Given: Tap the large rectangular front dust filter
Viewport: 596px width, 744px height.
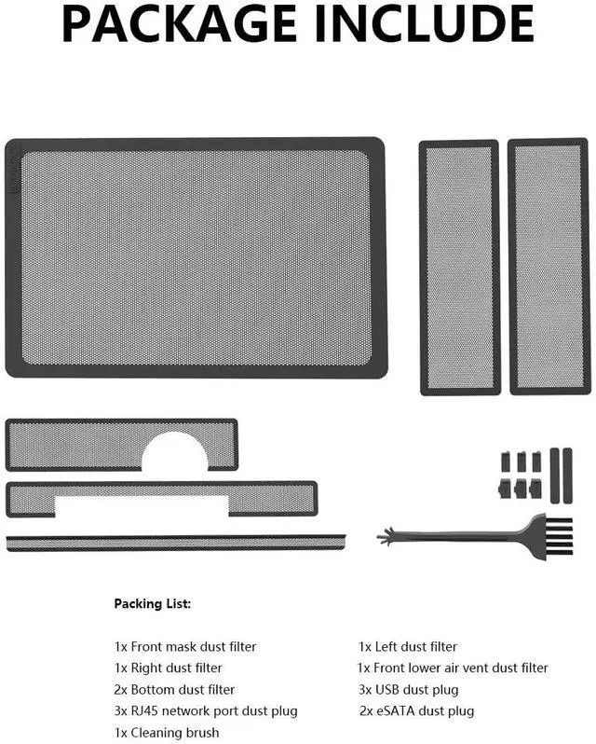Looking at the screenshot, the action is pos(195,257).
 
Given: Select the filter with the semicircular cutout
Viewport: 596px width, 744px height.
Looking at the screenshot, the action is pos(74,445).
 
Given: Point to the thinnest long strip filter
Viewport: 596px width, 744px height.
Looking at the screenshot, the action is pos(175,542).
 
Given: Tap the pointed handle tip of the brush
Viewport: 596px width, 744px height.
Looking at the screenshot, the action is pos(384,538).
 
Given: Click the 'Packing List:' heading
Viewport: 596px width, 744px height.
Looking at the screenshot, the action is pos(152,604).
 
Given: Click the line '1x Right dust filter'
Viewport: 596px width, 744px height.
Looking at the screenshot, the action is pos(168,668).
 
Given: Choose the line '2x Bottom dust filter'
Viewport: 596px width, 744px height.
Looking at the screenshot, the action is pos(174,690).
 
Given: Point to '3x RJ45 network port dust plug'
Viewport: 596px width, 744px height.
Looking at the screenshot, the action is pos(206,711).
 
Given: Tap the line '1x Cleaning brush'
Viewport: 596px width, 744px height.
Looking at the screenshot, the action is pos(167,733).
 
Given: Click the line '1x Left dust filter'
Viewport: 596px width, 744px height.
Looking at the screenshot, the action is pos(408,646).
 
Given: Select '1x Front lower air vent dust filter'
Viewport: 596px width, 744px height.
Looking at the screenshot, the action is pos(454,668).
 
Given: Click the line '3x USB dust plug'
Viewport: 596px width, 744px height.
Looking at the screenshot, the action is pos(409,690).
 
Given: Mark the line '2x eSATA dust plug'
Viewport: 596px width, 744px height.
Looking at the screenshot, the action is pos(416,711).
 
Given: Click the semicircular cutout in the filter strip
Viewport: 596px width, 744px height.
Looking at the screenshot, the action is pos(175,453).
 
